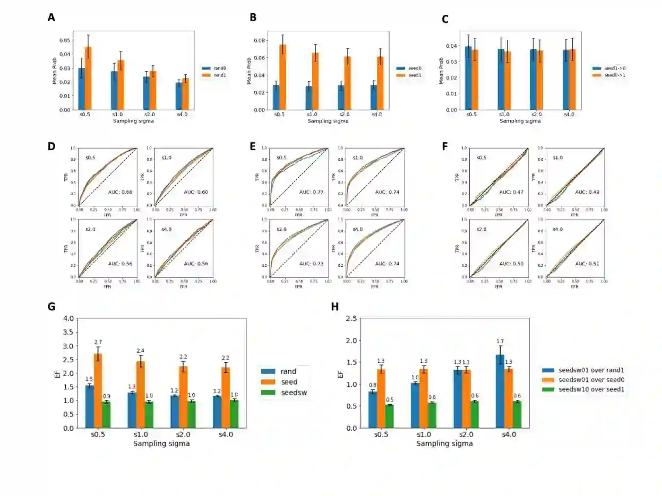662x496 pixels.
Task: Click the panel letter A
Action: click(51, 18)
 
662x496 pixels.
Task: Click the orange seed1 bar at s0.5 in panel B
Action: click(282, 77)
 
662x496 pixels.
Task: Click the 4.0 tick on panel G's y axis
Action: click(68, 319)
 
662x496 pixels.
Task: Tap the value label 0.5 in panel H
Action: click(389, 400)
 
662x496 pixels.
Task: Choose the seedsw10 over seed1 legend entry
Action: click(582, 389)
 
